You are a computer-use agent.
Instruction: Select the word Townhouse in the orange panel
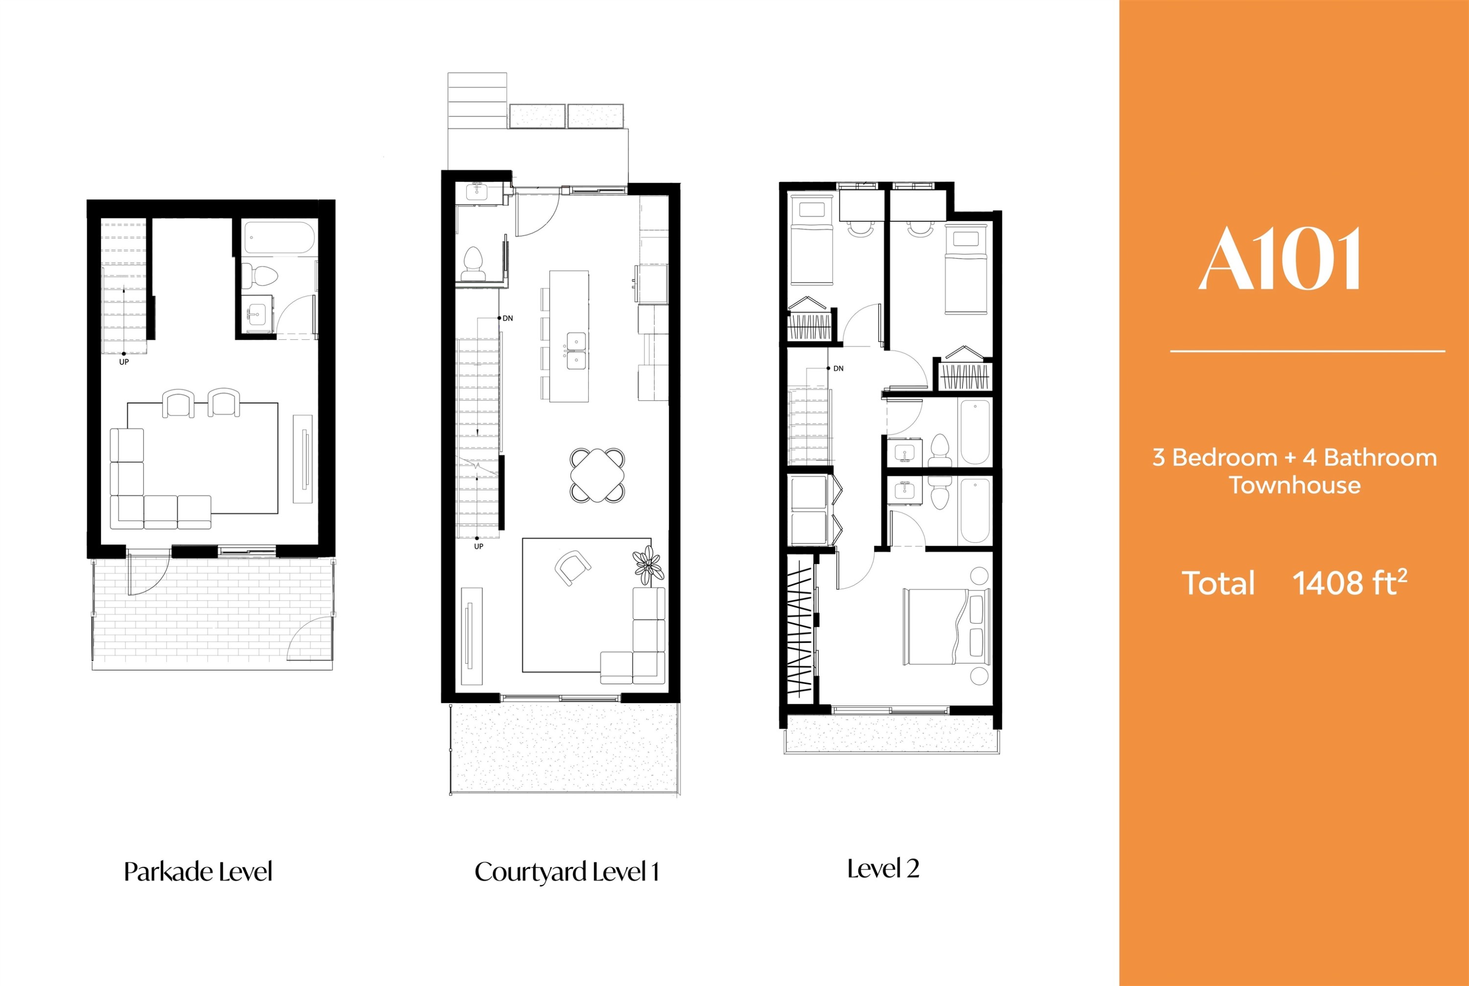[1295, 486]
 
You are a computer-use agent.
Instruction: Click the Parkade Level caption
[198, 871]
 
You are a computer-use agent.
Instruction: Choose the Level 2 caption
[883, 869]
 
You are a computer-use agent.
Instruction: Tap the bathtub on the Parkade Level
[279, 238]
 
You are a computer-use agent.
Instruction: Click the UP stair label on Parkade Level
[124, 362]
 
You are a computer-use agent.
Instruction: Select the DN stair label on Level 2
[838, 369]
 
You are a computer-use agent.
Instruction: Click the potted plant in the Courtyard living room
[648, 564]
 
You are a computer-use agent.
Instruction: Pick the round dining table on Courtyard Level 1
[597, 475]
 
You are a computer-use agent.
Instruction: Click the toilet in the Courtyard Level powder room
[473, 264]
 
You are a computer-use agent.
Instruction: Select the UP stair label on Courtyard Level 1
[478, 546]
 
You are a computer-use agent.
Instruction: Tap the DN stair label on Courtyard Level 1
[507, 319]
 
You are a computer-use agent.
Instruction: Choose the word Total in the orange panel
[1218, 583]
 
